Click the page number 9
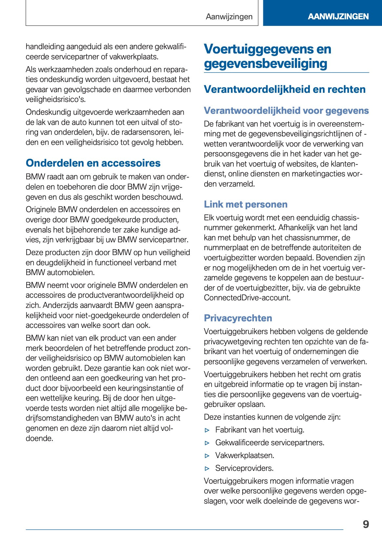click(x=366, y=524)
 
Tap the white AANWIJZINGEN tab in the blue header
click(x=338, y=16)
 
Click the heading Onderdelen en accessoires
click(x=93, y=163)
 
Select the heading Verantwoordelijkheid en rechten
click(x=285, y=89)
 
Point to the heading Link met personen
click(x=246, y=204)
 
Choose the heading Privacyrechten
click(x=238, y=318)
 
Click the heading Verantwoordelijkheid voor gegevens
click(x=286, y=111)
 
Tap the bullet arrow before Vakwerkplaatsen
click(x=207, y=456)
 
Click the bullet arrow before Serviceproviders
click(x=207, y=469)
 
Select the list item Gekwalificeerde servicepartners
click(x=270, y=443)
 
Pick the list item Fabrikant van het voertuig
click(x=260, y=430)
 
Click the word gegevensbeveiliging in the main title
click(x=265, y=64)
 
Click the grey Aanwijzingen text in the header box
click(x=229, y=17)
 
